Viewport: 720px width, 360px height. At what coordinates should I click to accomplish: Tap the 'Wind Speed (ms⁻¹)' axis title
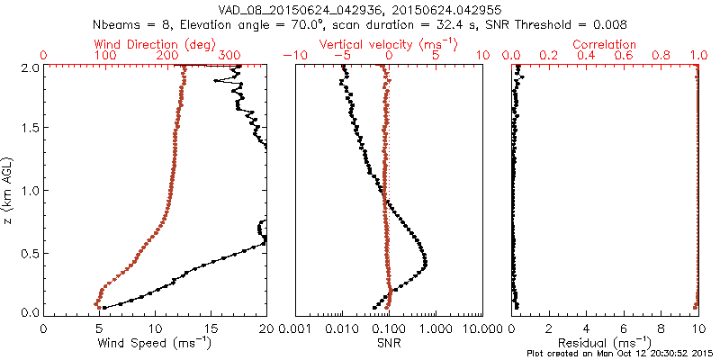[155, 342]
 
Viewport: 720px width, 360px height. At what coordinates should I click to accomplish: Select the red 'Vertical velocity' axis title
[388, 44]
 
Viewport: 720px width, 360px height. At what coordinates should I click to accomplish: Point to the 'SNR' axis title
[389, 342]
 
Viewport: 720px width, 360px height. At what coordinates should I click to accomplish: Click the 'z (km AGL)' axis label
[9, 188]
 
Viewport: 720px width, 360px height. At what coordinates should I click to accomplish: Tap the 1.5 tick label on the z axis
[29, 128]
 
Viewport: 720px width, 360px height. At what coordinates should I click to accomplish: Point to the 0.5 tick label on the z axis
[29, 251]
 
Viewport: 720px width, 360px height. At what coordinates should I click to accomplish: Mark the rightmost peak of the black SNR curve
[426, 263]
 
